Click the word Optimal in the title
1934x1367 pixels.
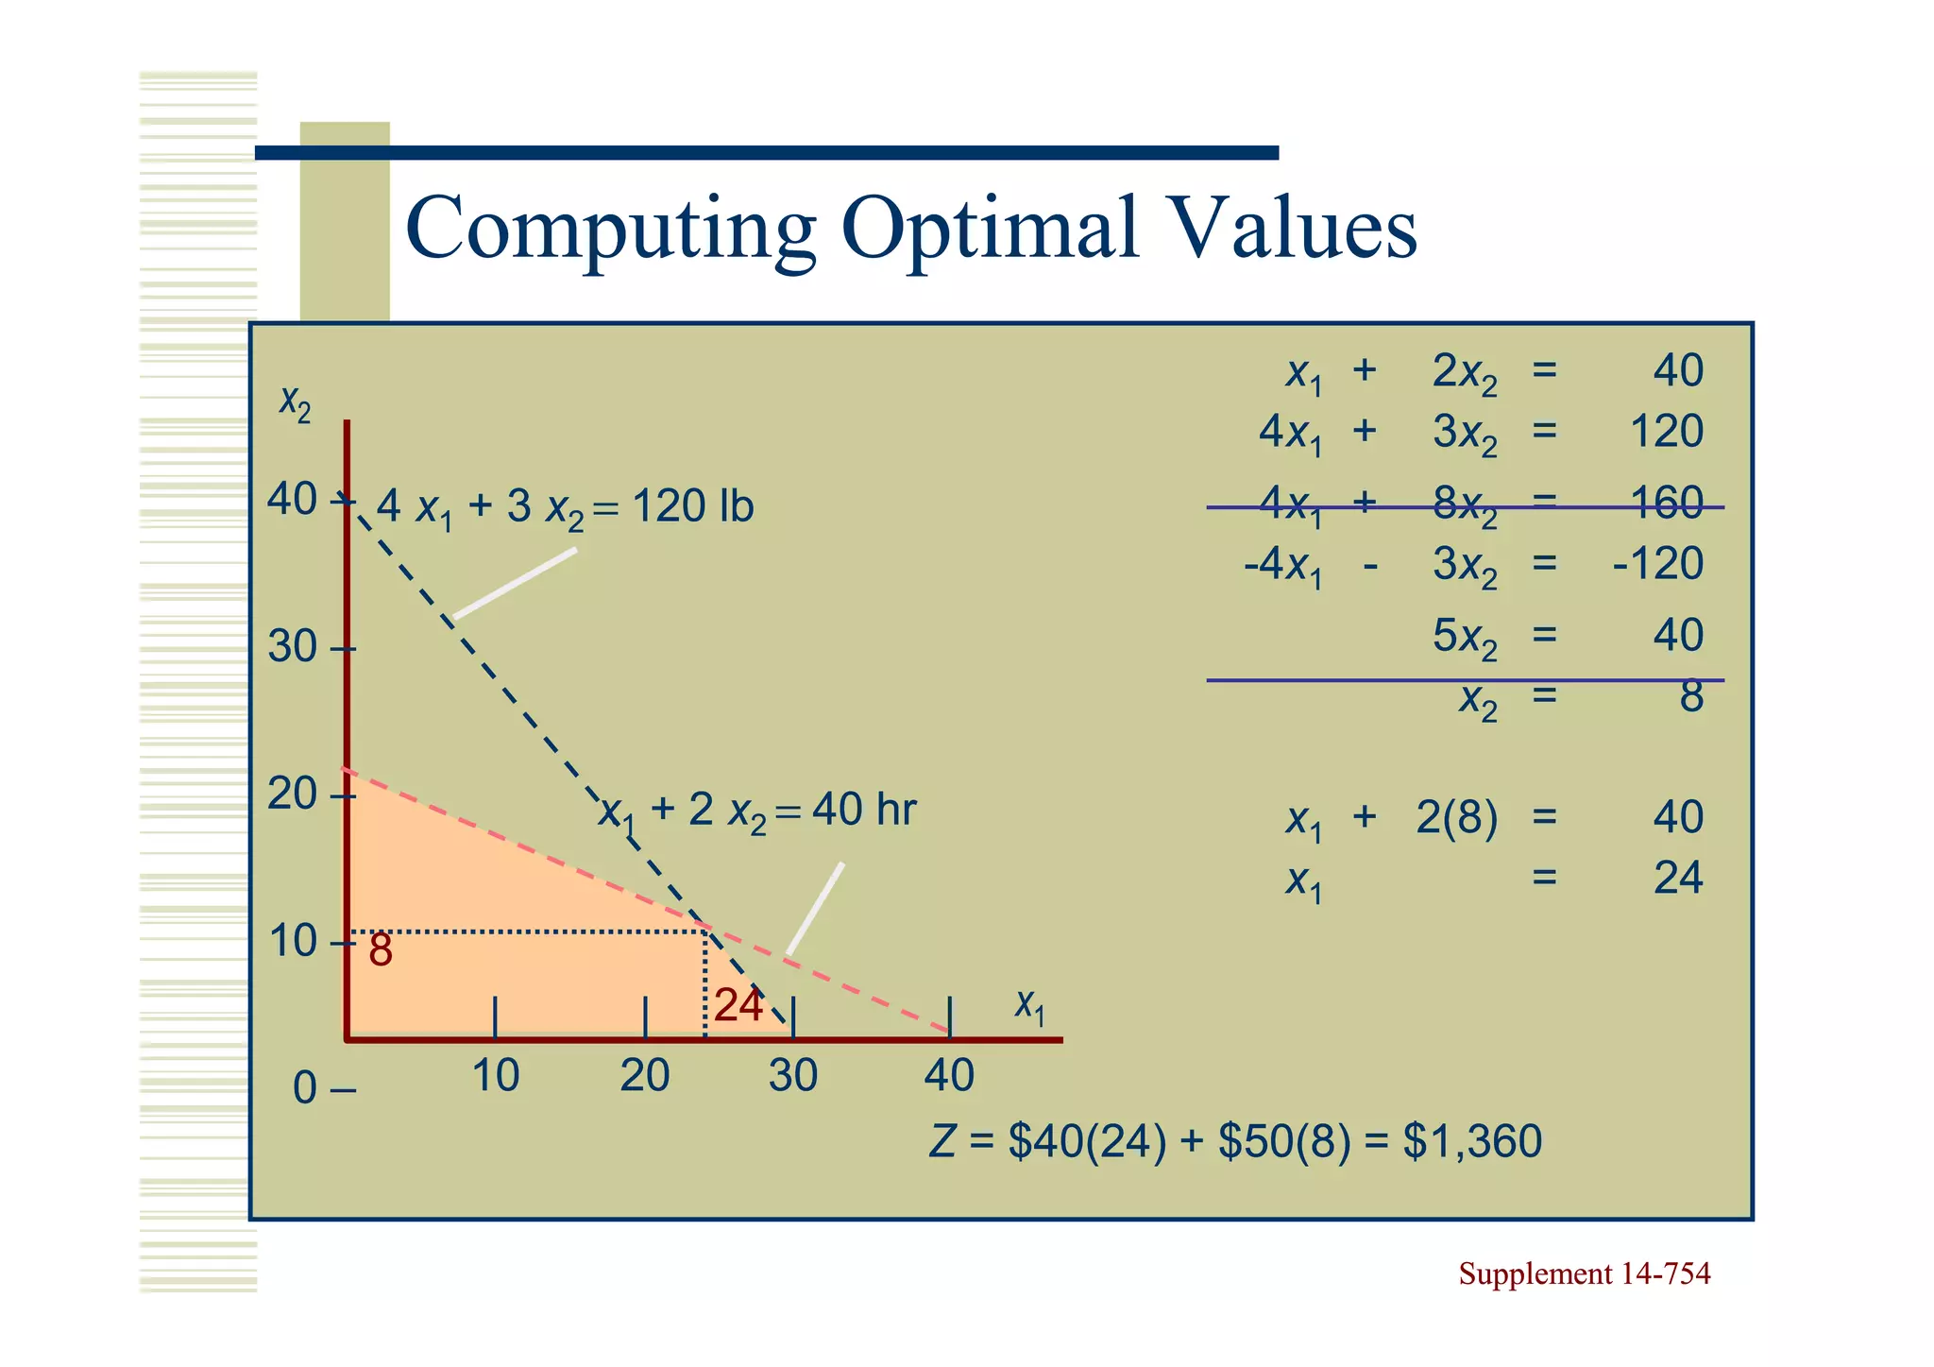tap(990, 230)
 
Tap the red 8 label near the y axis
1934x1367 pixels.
tap(381, 950)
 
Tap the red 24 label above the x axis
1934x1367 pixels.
tap(738, 1006)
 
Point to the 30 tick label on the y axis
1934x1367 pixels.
tap(293, 648)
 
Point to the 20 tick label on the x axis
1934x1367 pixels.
tap(644, 1076)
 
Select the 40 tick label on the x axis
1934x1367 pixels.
tap(949, 1076)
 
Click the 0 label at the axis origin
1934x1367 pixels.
tap(305, 1089)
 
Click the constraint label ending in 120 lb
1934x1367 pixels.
tap(565, 507)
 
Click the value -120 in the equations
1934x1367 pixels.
tap(1658, 564)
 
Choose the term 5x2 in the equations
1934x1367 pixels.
tap(1464, 637)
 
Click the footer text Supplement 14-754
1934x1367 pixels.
tap(1584, 1274)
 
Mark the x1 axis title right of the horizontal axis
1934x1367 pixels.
tap(1030, 1006)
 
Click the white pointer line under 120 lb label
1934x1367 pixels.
tap(515, 583)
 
